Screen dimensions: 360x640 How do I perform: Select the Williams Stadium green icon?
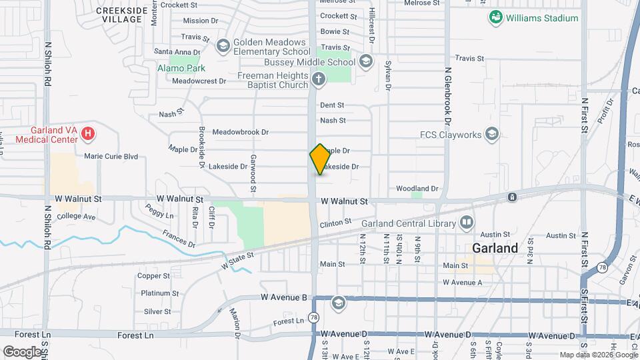[495, 18]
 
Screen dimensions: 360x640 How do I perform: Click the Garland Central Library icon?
[467, 222]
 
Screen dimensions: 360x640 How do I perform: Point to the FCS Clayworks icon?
[492, 135]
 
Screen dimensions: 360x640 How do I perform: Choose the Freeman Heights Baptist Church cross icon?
[318, 81]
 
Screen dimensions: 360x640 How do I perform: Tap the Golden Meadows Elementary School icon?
[223, 45]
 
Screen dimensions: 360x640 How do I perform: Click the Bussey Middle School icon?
[365, 62]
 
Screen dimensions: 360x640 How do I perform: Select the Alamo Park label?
[181, 68]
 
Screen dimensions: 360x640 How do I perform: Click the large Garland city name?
[495, 248]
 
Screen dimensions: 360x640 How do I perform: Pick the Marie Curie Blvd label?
[111, 157]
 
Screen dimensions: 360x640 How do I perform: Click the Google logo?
[22, 351]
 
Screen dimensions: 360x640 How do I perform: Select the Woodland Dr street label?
[417, 189]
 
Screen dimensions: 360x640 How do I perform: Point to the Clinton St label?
[335, 223]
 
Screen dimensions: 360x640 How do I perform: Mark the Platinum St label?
[159, 293]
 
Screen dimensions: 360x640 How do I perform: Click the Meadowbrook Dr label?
[240, 133]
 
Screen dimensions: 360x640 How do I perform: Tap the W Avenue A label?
[462, 283]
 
